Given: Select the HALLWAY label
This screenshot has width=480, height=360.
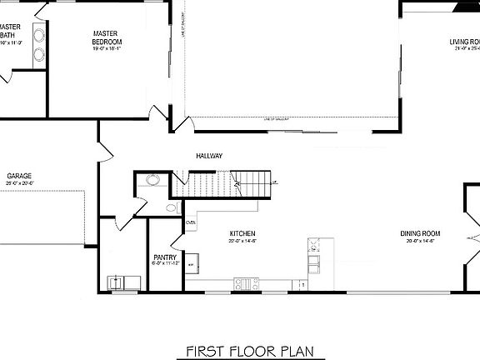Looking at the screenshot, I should click(x=209, y=156).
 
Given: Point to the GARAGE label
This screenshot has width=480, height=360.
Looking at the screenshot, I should click(x=19, y=177).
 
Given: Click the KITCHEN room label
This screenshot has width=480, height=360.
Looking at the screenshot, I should click(x=242, y=233).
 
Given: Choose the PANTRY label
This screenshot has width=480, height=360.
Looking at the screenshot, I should click(x=164, y=257).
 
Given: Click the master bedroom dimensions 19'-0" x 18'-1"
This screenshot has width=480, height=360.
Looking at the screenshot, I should click(x=107, y=48).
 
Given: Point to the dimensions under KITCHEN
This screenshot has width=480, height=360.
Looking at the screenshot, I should click(x=242, y=241).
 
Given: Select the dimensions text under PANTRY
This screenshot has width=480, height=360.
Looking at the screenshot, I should click(x=164, y=265).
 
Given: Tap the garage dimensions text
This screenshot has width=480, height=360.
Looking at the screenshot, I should click(x=19, y=184).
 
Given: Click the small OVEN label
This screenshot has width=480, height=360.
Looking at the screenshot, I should click(x=191, y=223).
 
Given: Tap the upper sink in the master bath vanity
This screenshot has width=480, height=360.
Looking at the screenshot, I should click(x=38, y=35).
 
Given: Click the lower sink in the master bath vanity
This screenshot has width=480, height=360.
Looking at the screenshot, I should click(x=38, y=54).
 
